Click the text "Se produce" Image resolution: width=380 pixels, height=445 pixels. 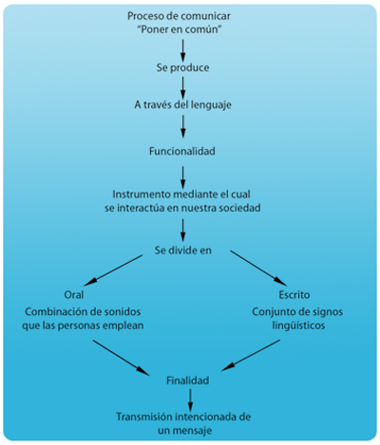tap(182, 67)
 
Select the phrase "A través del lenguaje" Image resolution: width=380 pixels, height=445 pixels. tap(182, 104)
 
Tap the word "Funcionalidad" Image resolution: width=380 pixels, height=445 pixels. tap(182, 151)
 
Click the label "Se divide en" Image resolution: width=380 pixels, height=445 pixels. tap(183, 250)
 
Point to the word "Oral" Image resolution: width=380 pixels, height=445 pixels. tap(74, 295)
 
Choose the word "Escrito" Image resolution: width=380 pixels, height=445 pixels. tap(294, 295)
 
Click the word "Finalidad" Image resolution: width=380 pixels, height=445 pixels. tap(187, 380)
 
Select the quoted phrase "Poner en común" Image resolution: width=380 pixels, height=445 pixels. tap(180, 29)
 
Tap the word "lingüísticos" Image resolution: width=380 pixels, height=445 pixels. tap(298, 325)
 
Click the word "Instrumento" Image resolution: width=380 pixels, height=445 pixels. tap(142, 195)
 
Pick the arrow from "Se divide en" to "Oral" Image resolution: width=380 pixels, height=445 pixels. tap(113, 270)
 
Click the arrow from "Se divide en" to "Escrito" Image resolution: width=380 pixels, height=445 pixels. tap(258, 269)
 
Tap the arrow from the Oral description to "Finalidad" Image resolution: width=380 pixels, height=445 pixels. tap(121, 358)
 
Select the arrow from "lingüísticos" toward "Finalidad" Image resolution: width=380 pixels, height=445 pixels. tap(251, 355)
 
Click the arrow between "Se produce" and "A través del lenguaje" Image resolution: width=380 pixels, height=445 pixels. tap(182, 88)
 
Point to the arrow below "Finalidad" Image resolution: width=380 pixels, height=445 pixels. tap(190, 399)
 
